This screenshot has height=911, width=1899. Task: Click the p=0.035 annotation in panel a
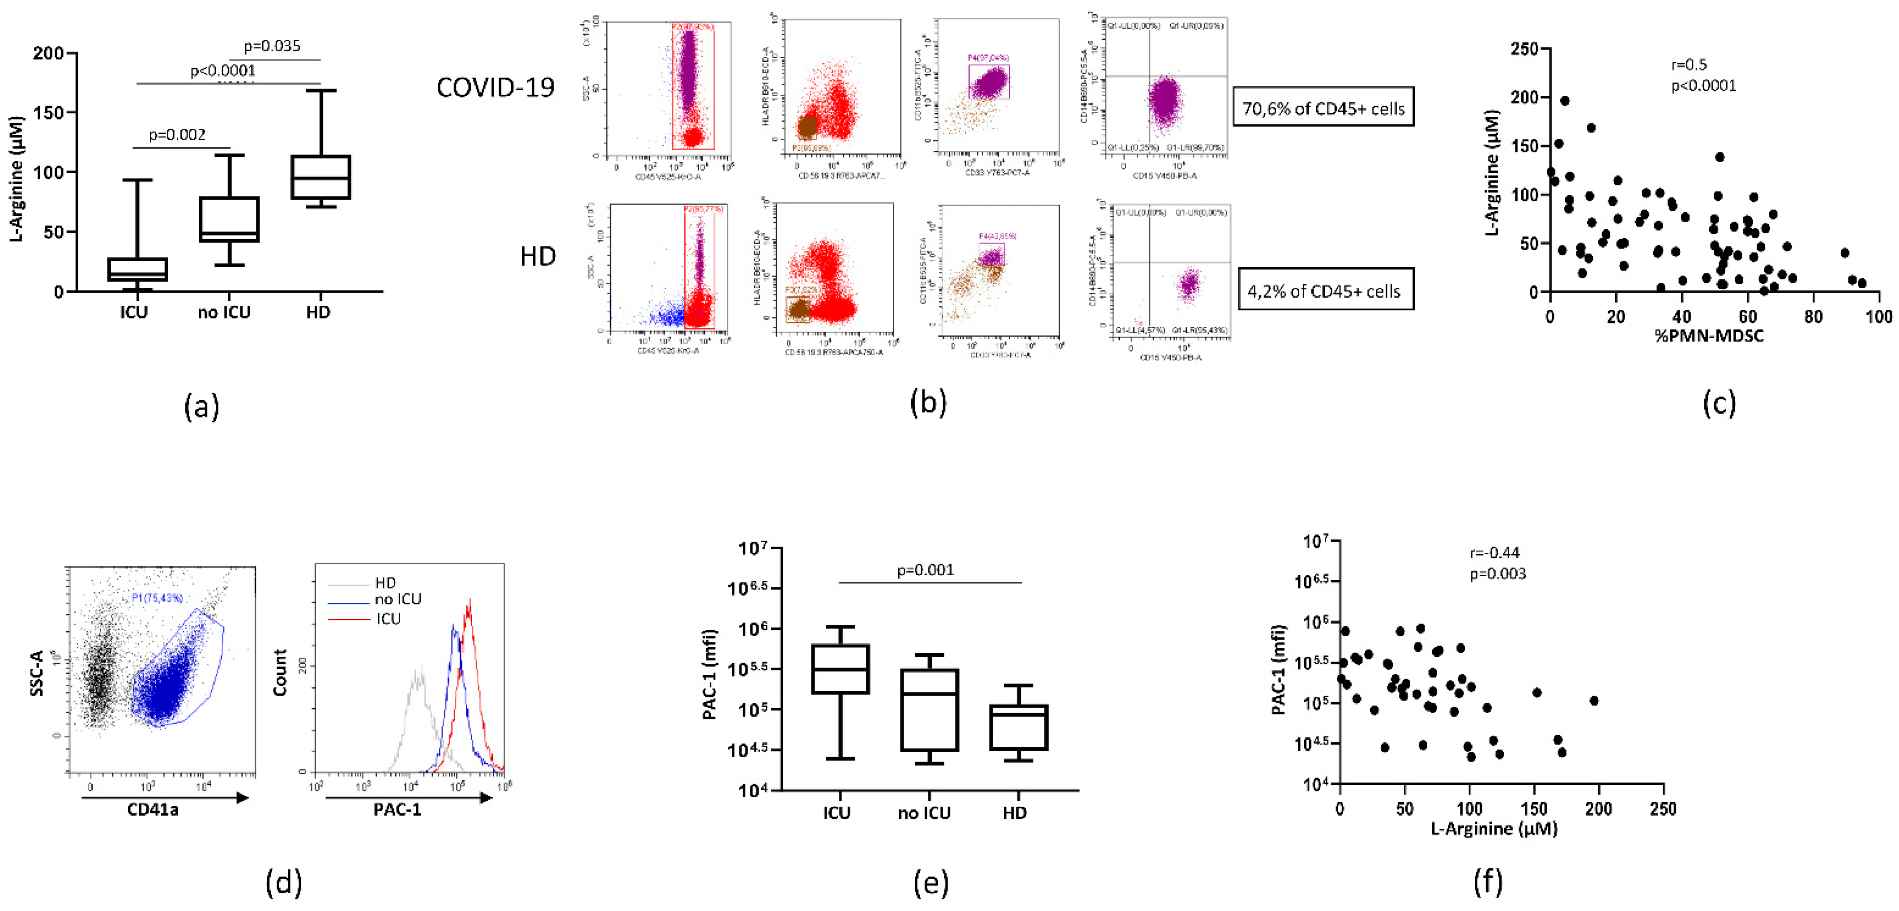[272, 46]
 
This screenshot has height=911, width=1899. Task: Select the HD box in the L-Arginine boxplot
[321, 177]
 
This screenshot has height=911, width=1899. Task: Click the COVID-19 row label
[495, 88]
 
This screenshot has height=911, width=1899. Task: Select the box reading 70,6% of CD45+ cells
[1323, 108]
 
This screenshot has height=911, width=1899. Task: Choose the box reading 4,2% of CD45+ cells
[1325, 291]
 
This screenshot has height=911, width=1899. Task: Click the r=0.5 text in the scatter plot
[1688, 65]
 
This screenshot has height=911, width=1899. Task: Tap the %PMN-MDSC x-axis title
[1709, 336]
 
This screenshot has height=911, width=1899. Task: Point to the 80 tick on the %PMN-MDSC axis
[1814, 317]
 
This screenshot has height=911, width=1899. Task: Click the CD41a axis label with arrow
[153, 809]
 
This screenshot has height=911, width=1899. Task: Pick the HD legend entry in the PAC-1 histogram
[385, 583]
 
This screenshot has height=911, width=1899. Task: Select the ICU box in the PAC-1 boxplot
[841, 669]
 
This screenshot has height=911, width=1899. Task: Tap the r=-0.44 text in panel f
[1494, 552]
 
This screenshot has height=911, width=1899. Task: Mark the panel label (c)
[1719, 403]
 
